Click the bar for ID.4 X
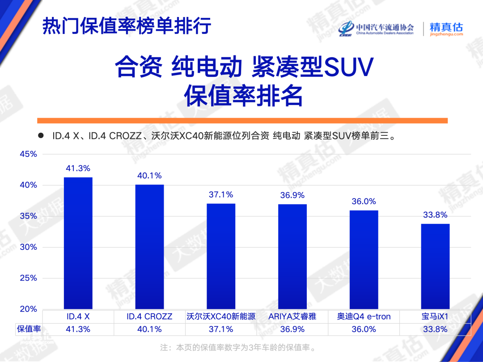tap(78, 243)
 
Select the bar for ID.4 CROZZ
tap(149, 247)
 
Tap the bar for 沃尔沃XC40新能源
tap(221, 257)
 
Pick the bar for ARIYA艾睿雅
tap(292, 257)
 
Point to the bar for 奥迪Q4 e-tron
tap(364, 260)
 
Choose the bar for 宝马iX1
tap(435, 266)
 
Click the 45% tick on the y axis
tap(28, 154)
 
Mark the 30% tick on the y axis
tap(28, 247)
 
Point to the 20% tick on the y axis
tap(28, 309)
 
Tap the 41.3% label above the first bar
tap(78, 168)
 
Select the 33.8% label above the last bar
tap(435, 215)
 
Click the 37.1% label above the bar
tap(221, 194)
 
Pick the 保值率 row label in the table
tap(29, 329)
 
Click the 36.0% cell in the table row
tap(364, 329)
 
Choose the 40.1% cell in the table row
tap(149, 329)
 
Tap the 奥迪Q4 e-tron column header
tap(364, 316)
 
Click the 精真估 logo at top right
tap(446, 29)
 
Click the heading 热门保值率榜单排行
tap(127, 25)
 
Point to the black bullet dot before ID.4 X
tap(41, 135)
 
